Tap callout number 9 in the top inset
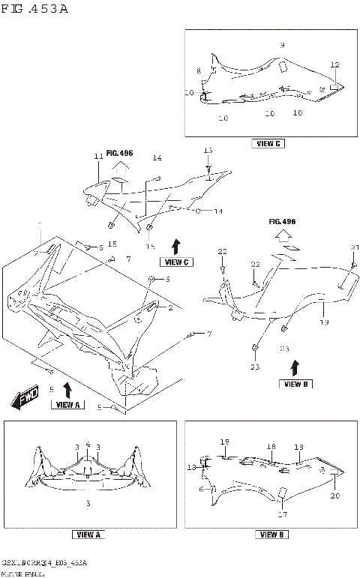[282, 46]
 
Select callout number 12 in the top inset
[334, 65]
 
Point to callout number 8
[199, 70]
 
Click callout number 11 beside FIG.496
[97, 156]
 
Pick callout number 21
[355, 248]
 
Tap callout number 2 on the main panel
[169, 307]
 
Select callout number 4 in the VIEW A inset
[88, 444]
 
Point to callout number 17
[283, 514]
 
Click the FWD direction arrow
[25, 400]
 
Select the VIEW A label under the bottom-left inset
[88, 535]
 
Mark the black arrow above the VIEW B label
[293, 367]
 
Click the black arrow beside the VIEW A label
[68, 389]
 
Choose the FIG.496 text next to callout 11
[119, 153]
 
